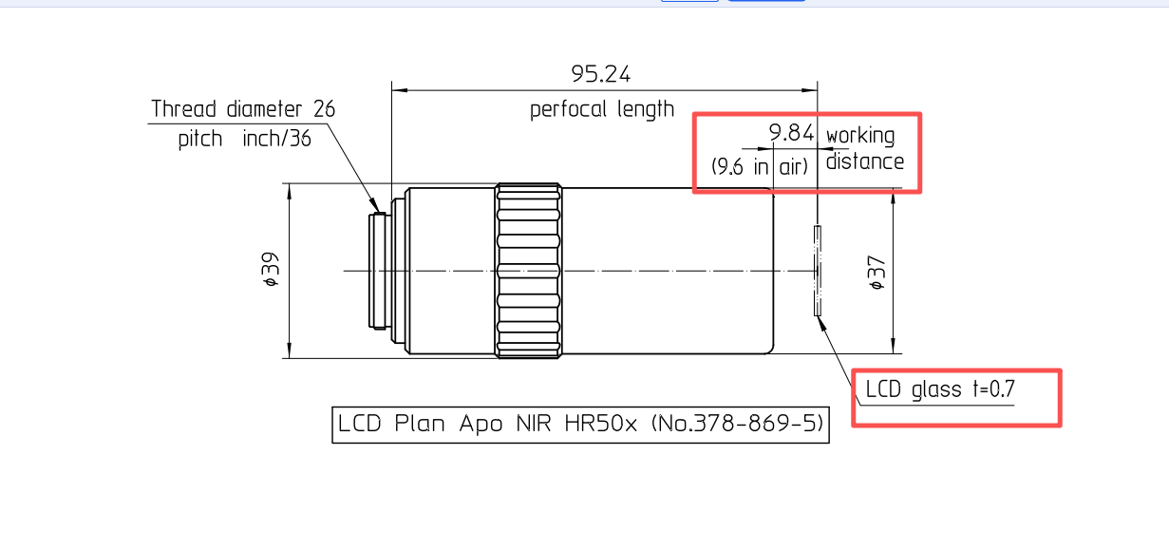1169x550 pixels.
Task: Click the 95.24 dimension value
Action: coord(601,74)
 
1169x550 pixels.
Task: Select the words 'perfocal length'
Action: coord(602,109)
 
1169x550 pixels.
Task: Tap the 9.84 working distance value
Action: coord(791,133)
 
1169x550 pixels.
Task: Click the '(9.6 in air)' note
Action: coord(760,167)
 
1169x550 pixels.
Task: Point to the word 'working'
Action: coord(860,136)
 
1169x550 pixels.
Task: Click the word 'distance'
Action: coord(865,161)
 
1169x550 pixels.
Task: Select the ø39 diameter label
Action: coord(272,271)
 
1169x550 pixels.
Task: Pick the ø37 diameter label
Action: coord(877,273)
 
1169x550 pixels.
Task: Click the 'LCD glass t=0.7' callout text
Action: coord(940,389)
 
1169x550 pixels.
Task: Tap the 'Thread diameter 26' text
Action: coord(243,109)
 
